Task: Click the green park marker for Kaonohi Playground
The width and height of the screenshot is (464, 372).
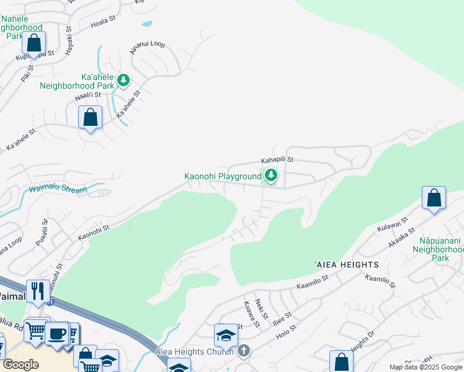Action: [270, 177]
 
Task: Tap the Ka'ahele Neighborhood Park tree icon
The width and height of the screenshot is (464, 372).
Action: [123, 80]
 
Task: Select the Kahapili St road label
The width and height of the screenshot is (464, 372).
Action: [276, 160]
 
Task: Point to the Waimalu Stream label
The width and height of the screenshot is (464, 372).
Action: [58, 190]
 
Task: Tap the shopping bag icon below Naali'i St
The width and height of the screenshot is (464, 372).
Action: [91, 117]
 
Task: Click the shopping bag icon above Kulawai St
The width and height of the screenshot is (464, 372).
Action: [434, 198]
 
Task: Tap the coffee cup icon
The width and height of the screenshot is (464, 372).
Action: [58, 333]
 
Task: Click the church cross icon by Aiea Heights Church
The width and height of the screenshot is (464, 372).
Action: [244, 351]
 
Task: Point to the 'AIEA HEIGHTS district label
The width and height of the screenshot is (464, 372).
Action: [346, 265]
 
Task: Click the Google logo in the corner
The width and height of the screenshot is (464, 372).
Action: [20, 365]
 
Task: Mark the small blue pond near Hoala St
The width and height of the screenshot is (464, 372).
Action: [146, 25]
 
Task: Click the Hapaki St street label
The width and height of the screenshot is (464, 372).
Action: [69, 38]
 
